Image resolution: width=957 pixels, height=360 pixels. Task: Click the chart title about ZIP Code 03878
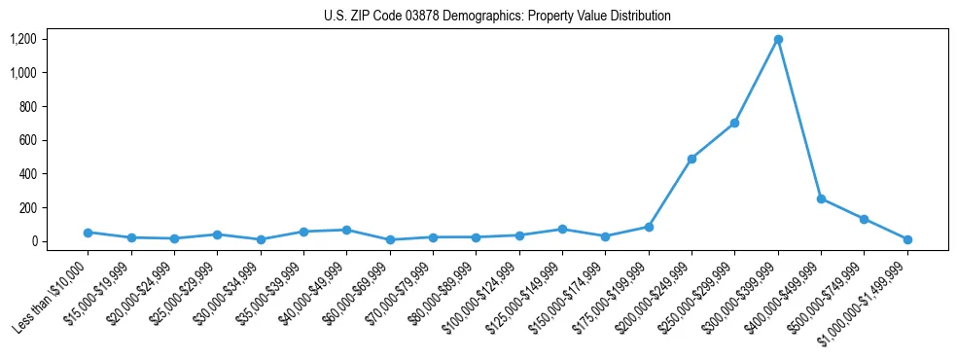click(x=497, y=16)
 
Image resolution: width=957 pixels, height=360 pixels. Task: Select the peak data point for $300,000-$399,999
click(x=778, y=40)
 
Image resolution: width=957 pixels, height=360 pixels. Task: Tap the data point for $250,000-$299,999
click(x=734, y=123)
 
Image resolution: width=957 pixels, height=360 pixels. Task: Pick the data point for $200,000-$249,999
click(x=691, y=159)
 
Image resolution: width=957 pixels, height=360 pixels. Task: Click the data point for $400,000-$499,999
click(x=821, y=198)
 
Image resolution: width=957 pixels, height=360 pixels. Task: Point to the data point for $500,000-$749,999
click(x=864, y=219)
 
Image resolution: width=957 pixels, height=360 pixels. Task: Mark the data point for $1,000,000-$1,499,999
click(x=907, y=239)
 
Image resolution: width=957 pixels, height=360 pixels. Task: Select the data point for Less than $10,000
click(x=88, y=233)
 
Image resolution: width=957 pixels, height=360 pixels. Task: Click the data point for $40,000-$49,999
click(x=346, y=230)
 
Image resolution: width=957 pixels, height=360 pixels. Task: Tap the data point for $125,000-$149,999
click(x=562, y=230)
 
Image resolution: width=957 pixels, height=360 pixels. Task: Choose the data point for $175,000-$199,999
click(x=648, y=227)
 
